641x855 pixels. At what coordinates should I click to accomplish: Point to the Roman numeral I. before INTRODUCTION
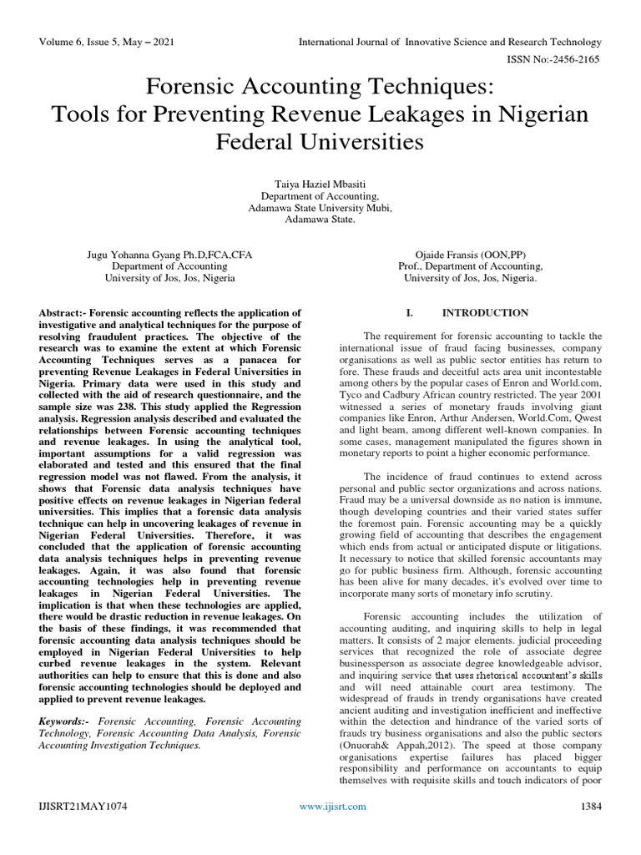click(410, 313)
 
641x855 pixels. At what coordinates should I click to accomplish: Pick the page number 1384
click(590, 829)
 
